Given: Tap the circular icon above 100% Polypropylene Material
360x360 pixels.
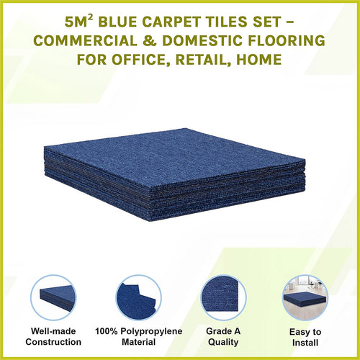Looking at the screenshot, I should click(138, 298).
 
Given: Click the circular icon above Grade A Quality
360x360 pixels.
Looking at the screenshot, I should click(222, 298).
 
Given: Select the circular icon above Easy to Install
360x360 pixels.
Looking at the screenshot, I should click(305, 298).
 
